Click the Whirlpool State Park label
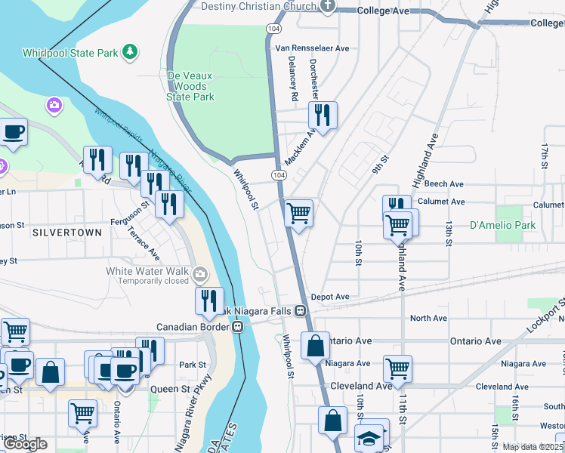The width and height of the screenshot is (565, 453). (69, 53)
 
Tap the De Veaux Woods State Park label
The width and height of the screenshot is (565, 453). (190, 86)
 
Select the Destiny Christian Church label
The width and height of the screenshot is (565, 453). (258, 7)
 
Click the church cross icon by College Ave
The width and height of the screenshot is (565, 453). (327, 7)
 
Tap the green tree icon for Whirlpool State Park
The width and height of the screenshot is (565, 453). (131, 51)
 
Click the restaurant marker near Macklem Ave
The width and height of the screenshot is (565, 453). (323, 116)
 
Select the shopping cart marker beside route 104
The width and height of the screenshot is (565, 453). (299, 214)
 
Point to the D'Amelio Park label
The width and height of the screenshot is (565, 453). (502, 225)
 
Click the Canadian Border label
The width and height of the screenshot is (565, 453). (193, 327)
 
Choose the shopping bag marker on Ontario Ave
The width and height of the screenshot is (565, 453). (316, 346)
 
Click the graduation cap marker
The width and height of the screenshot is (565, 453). (369, 438)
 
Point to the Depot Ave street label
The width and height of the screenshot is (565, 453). (329, 297)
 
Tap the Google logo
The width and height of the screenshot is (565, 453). (26, 443)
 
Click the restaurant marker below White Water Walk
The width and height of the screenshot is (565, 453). (209, 300)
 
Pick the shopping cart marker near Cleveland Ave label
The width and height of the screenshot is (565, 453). (397, 368)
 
